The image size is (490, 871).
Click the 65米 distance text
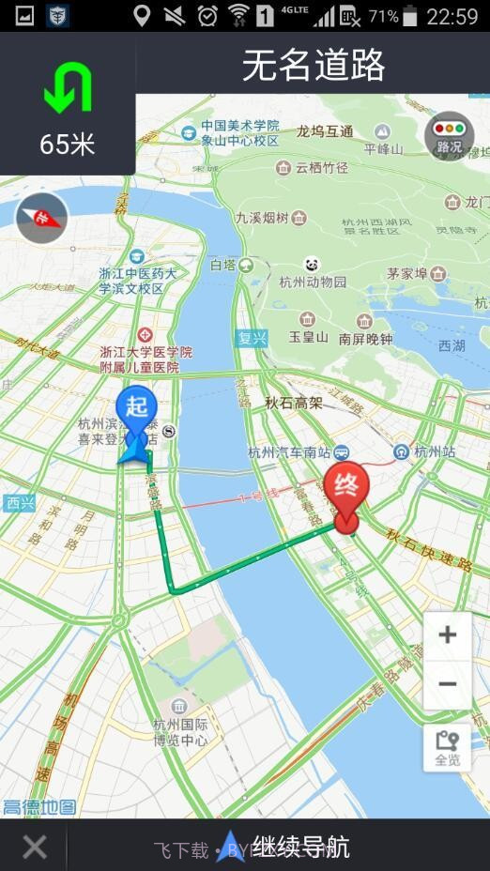[x=68, y=145]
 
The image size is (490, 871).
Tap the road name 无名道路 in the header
[x=314, y=66]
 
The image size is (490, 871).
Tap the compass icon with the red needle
[x=41, y=219]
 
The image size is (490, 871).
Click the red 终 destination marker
[x=346, y=492]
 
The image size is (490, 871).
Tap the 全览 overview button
[x=448, y=748]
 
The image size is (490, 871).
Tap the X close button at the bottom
[x=35, y=848]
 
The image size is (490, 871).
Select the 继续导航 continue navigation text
[x=300, y=848]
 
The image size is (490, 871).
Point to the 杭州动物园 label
[x=313, y=282]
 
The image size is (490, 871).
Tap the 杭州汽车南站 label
[x=291, y=452]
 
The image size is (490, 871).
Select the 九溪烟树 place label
[x=262, y=218]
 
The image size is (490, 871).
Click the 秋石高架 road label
[x=293, y=403]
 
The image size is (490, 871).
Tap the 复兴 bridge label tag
[x=252, y=338]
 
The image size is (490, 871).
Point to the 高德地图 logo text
[x=39, y=807]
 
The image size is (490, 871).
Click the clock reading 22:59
[x=452, y=16]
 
